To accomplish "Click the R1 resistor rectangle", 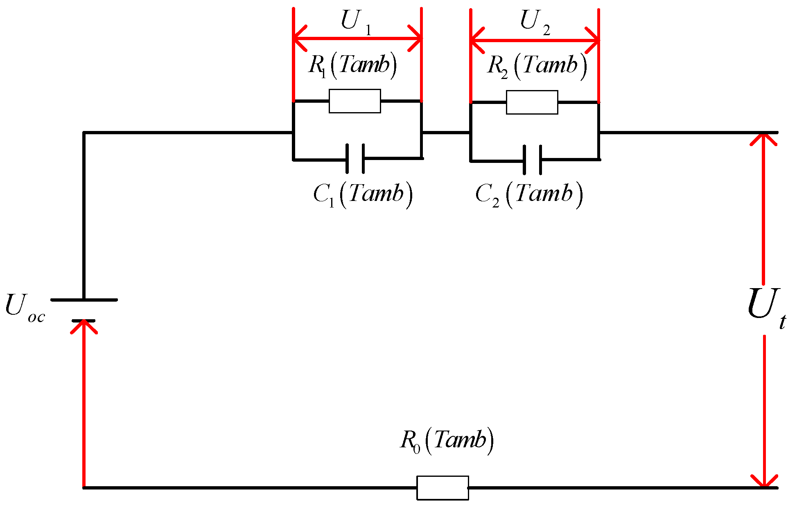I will (354, 101).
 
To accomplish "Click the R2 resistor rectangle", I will (532, 102).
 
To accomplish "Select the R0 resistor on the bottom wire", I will (443, 487).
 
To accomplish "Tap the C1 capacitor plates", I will (355, 159).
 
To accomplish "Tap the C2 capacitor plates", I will (532, 160).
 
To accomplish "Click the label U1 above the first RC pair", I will (355, 21).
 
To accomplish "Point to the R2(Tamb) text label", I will (537, 66).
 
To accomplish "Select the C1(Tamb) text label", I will (363, 194).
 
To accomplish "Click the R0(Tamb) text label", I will (447, 441).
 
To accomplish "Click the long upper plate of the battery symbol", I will (84, 300).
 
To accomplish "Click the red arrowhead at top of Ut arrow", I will (763, 139).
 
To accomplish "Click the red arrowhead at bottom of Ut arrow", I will (764, 481).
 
